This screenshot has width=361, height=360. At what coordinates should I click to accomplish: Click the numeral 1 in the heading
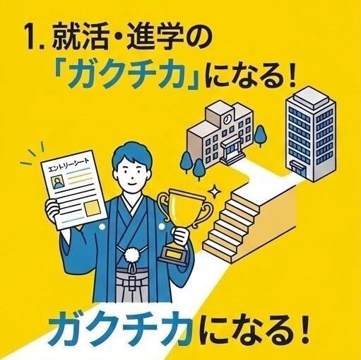click(32, 36)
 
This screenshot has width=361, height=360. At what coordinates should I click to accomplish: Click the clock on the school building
click(227, 119)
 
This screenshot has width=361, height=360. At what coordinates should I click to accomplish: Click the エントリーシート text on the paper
click(69, 166)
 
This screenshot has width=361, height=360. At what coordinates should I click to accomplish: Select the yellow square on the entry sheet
click(93, 208)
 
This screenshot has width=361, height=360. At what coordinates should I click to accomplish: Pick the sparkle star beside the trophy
click(214, 190)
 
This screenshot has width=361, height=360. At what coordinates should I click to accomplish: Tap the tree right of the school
click(261, 135)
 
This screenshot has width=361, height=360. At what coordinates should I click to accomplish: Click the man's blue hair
click(131, 154)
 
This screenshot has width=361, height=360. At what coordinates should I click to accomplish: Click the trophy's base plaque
click(173, 254)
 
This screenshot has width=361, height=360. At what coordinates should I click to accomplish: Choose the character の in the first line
click(199, 36)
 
